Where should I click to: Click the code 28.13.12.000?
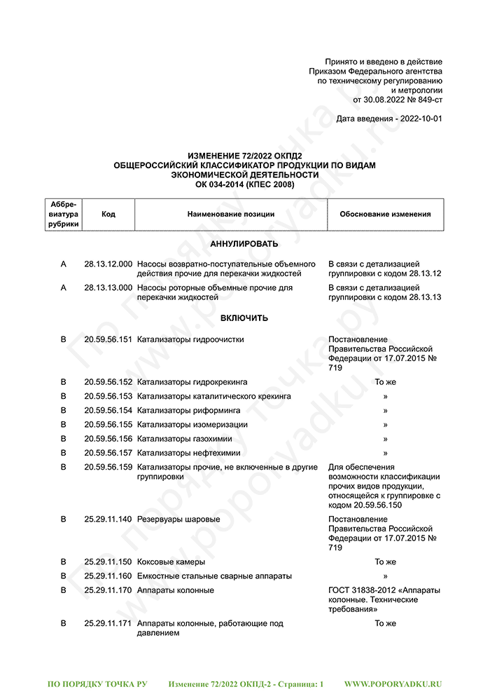[x=108, y=264]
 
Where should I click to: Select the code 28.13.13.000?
[x=108, y=287]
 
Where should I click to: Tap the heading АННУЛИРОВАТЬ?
[x=244, y=244]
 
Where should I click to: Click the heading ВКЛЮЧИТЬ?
[x=244, y=318]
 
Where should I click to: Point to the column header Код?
[x=108, y=215]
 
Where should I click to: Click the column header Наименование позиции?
[x=231, y=215]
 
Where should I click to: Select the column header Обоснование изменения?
[x=385, y=215]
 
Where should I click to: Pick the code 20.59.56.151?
[x=108, y=339]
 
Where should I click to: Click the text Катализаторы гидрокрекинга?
[x=192, y=382]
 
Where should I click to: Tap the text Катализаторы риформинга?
[x=189, y=410]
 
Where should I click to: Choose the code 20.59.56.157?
[x=108, y=453]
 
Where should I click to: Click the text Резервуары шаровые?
[x=178, y=519]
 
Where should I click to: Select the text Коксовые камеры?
[x=171, y=562]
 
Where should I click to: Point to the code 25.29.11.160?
[x=108, y=576]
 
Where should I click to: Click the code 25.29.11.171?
[x=108, y=623]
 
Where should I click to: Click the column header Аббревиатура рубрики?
[x=64, y=215]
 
